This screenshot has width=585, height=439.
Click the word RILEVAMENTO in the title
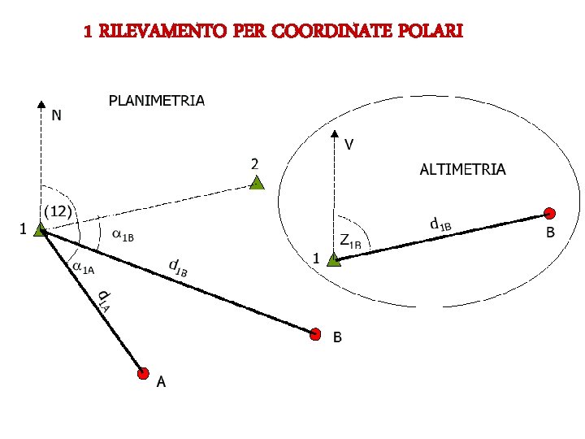(161, 32)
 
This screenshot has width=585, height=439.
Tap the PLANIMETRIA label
(157, 101)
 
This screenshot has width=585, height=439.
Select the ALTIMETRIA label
(462, 169)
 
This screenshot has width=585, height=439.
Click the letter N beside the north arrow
(55, 115)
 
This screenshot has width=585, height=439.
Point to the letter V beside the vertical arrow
(349, 146)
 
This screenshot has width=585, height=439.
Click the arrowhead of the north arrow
(41, 105)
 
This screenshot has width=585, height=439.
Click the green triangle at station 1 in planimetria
(41, 231)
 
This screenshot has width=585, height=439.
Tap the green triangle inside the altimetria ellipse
(333, 260)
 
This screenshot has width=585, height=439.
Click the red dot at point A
(143, 373)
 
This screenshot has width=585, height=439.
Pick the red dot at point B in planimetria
(315, 333)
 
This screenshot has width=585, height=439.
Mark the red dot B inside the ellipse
(550, 214)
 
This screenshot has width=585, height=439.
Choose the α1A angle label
(84, 266)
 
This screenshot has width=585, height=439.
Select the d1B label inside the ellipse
(440, 223)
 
